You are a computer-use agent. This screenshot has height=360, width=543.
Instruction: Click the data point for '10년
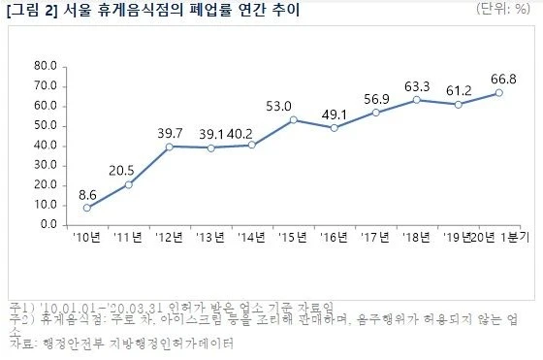pos(87,208)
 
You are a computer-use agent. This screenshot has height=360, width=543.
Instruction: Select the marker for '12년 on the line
pos(169,147)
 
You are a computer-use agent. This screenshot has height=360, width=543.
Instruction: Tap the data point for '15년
pos(293,119)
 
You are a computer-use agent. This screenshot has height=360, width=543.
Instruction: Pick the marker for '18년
pos(416,99)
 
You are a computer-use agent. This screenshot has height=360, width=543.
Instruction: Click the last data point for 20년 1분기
pos(498,92)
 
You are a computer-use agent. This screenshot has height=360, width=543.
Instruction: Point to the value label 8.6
pos(87,192)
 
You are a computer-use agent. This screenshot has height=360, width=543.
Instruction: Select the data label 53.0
pos(292,104)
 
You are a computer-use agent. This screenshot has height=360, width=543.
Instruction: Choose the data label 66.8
pos(496,77)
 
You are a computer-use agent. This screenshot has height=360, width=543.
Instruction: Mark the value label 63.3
pos(416,83)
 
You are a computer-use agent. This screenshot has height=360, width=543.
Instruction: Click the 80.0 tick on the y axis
pos(46,66)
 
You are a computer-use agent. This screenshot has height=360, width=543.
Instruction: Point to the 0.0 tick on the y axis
pos(48,224)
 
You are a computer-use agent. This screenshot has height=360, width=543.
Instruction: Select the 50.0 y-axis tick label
pos(46,125)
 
